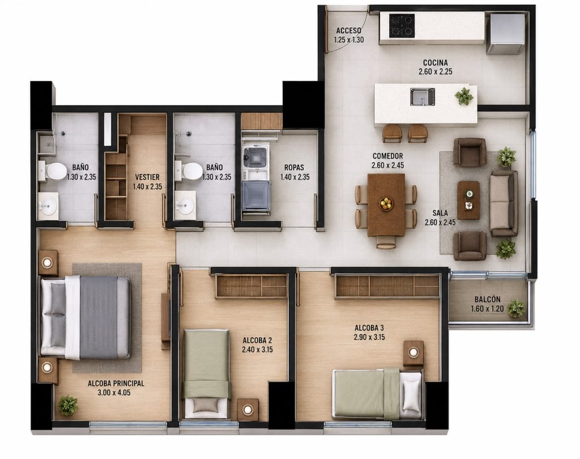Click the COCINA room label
pyautogui.click(x=436, y=62)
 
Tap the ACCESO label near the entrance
pyautogui.click(x=348, y=31)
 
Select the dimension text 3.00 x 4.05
pyautogui.click(x=114, y=393)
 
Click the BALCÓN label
pyautogui.click(x=487, y=299)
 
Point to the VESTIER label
pyautogui.click(x=147, y=177)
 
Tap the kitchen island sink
pyautogui.click(x=422, y=96)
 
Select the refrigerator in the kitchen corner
pyautogui.click(x=505, y=33)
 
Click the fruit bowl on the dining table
pyautogui.click(x=386, y=203)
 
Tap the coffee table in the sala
pyautogui.click(x=468, y=200)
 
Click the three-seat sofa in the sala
pyautogui.click(x=504, y=203)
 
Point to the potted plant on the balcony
pyautogui.click(x=516, y=308)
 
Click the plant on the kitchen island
pyautogui.click(x=464, y=96)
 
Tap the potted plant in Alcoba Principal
pyautogui.click(x=68, y=405)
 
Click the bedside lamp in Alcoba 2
pyautogui.click(x=248, y=409)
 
